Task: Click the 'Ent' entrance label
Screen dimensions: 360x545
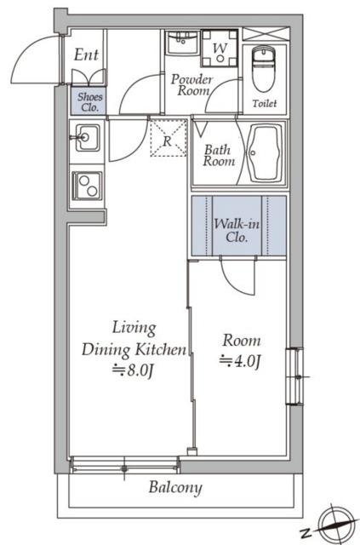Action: tap(86, 54)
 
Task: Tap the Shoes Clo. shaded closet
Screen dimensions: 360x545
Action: tap(89, 100)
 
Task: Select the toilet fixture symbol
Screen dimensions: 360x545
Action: tap(264, 68)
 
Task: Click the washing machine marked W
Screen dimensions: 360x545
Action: tap(220, 49)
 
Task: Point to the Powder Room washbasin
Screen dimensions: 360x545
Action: tap(182, 43)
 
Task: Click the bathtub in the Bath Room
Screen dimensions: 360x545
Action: tap(266, 153)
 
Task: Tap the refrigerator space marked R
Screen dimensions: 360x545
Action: tap(169, 138)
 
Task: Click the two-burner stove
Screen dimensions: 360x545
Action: tap(87, 186)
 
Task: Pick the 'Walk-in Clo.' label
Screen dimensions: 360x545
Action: tap(237, 230)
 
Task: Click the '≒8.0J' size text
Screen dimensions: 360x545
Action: tap(133, 370)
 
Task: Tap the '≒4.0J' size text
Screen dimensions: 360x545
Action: tap(240, 361)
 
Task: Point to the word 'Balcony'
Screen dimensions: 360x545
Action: tap(175, 488)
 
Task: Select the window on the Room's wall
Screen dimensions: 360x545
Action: tap(294, 376)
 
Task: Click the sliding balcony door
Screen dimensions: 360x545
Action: tap(124, 466)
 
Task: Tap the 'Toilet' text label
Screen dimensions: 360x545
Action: tap(265, 103)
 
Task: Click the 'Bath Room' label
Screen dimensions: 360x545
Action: tap(219, 155)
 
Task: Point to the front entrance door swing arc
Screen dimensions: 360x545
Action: tap(34, 59)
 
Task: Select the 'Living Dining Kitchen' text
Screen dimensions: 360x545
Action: tap(134, 339)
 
